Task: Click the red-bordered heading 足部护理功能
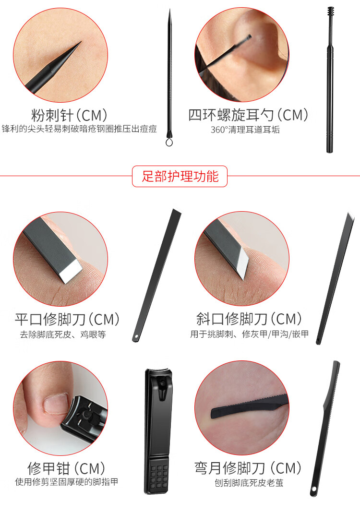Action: (180, 176)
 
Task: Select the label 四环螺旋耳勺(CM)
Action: (248, 115)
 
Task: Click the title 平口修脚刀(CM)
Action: (67, 320)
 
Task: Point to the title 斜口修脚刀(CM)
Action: (249, 319)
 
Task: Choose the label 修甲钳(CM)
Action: (66, 468)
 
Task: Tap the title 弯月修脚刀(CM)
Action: (248, 468)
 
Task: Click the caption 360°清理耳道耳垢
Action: (245, 130)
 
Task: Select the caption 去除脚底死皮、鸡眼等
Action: (63, 334)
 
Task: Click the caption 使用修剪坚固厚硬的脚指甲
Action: (66, 482)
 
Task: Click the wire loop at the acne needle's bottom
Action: (169, 142)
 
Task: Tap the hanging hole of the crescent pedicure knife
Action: (314, 489)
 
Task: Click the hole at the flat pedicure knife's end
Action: (136, 337)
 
